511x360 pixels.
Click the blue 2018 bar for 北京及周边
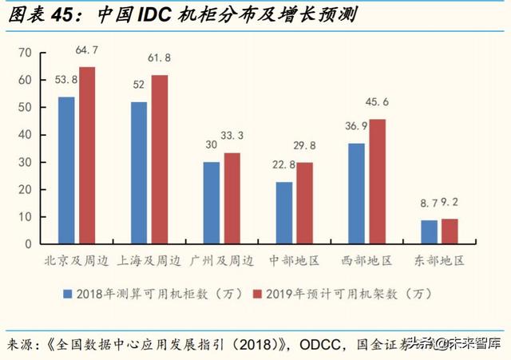[66, 170]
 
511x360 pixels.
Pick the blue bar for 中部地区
[283, 212]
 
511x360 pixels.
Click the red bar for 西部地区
[376, 181]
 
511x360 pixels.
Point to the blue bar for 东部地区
[429, 231]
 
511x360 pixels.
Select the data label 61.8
[160, 59]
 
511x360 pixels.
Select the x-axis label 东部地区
[438, 261]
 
